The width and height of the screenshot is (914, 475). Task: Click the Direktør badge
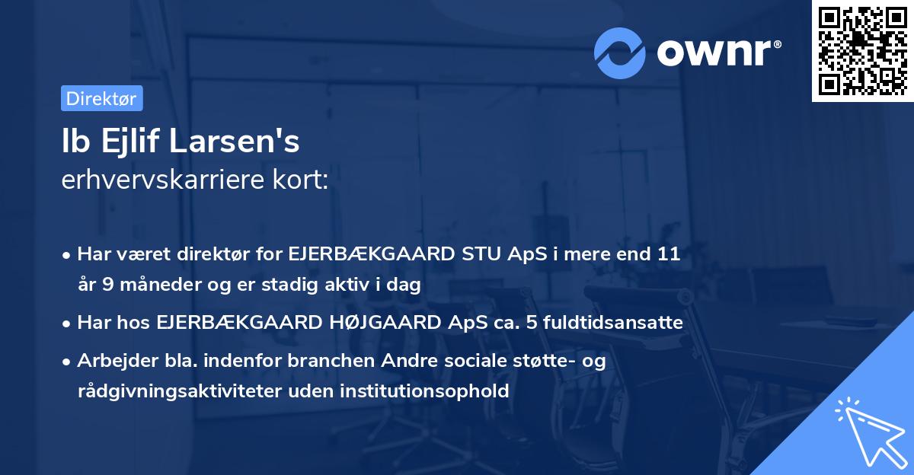tap(101, 98)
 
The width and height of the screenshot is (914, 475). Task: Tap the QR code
tap(861, 51)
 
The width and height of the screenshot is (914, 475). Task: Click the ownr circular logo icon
tap(619, 53)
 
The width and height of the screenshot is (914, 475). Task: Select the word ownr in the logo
tap(717, 53)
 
